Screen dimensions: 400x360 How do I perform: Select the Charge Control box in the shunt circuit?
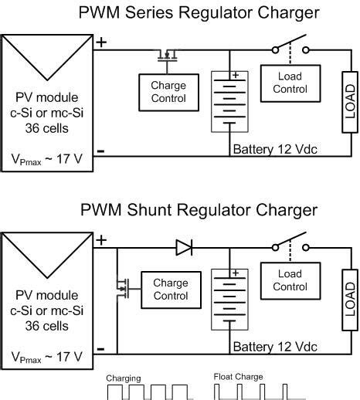click(x=171, y=290)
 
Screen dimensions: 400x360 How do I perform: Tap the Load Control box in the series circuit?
click(x=290, y=83)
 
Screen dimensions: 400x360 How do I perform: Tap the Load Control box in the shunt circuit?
click(x=290, y=280)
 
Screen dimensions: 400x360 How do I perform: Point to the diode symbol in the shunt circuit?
click(x=184, y=247)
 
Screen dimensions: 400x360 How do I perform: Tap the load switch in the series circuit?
click(x=290, y=49)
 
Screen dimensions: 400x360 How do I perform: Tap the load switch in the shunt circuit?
click(x=290, y=247)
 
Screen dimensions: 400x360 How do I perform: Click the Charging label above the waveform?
click(x=124, y=378)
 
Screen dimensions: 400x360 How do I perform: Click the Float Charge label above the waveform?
click(x=239, y=377)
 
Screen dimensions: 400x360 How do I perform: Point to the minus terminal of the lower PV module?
click(x=101, y=349)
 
